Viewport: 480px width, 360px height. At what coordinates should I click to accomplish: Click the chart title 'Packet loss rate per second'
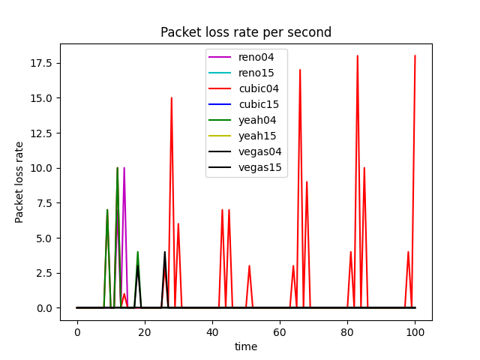click(x=246, y=33)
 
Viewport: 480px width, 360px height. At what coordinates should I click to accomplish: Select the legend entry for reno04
click(x=256, y=58)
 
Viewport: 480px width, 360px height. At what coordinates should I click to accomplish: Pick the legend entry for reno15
click(x=256, y=73)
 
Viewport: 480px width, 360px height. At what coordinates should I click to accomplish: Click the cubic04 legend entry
click(x=258, y=89)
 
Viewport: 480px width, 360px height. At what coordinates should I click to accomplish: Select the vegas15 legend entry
click(x=260, y=168)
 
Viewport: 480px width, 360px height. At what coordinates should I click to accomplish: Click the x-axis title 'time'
click(x=246, y=346)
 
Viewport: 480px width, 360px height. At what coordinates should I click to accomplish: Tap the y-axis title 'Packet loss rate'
click(x=19, y=182)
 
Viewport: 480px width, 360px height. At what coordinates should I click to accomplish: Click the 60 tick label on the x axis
click(x=280, y=331)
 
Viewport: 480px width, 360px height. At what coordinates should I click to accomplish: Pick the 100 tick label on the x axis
click(x=415, y=331)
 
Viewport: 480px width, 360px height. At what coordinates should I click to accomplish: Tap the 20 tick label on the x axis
click(x=145, y=331)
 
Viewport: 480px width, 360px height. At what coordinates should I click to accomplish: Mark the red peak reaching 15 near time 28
click(x=172, y=98)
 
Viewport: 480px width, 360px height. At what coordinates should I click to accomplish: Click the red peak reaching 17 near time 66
click(x=300, y=70)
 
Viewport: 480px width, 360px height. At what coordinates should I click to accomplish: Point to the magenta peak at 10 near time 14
click(x=124, y=168)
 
